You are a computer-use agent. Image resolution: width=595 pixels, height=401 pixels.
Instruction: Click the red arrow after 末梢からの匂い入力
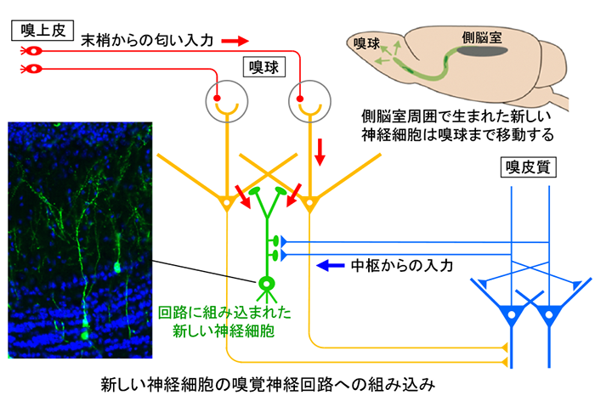coord(235,40)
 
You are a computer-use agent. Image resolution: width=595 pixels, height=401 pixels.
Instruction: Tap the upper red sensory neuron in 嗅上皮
coord(31,50)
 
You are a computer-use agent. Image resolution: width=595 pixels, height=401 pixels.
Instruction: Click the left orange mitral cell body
coord(227,203)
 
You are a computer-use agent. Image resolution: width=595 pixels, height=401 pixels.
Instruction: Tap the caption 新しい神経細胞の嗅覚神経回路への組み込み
coord(268,384)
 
